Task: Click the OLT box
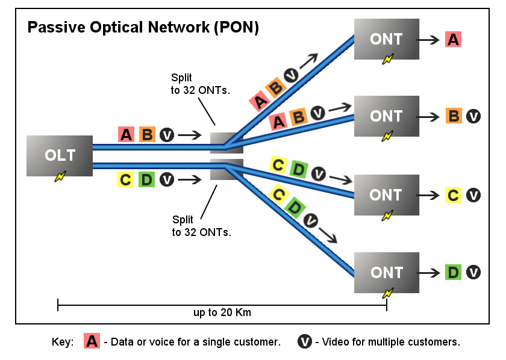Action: pos(60,155)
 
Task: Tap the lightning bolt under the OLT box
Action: pos(60,176)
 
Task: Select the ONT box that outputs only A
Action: pos(386,39)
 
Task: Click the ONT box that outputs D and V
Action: pos(386,273)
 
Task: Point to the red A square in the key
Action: pos(92,341)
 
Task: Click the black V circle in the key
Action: pos(305,341)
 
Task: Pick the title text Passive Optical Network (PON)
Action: pos(143,28)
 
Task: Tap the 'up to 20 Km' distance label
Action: pos(222,313)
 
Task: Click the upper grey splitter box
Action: pos(226,143)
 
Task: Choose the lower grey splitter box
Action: pos(226,170)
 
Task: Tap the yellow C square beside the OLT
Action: pos(125,179)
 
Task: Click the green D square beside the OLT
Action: pos(146,179)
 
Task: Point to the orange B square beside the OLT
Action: pos(146,134)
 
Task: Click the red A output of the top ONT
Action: pos(453,40)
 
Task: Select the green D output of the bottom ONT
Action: pos(453,273)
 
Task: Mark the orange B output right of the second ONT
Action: pos(454,116)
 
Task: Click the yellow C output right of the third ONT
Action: pos(454,195)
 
